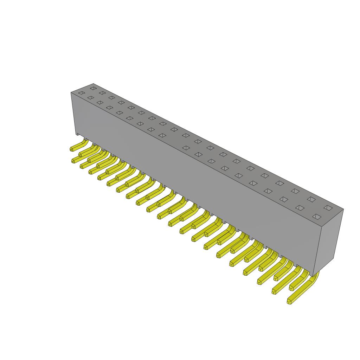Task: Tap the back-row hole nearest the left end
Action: pyautogui.click(x=93, y=88)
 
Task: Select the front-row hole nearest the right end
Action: pyautogui.click(x=316, y=217)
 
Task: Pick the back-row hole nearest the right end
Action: pyautogui.click(x=328, y=208)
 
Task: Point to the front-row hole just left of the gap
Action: pyautogui.click(x=162, y=135)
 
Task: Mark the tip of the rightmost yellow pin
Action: pyautogui.click(x=289, y=302)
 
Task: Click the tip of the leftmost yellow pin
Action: pyautogui.click(x=72, y=149)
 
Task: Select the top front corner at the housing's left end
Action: pyautogui.click(x=71, y=92)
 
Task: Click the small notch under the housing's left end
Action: pyautogui.click(x=77, y=135)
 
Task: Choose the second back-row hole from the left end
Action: pyautogui.click(x=102, y=93)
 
